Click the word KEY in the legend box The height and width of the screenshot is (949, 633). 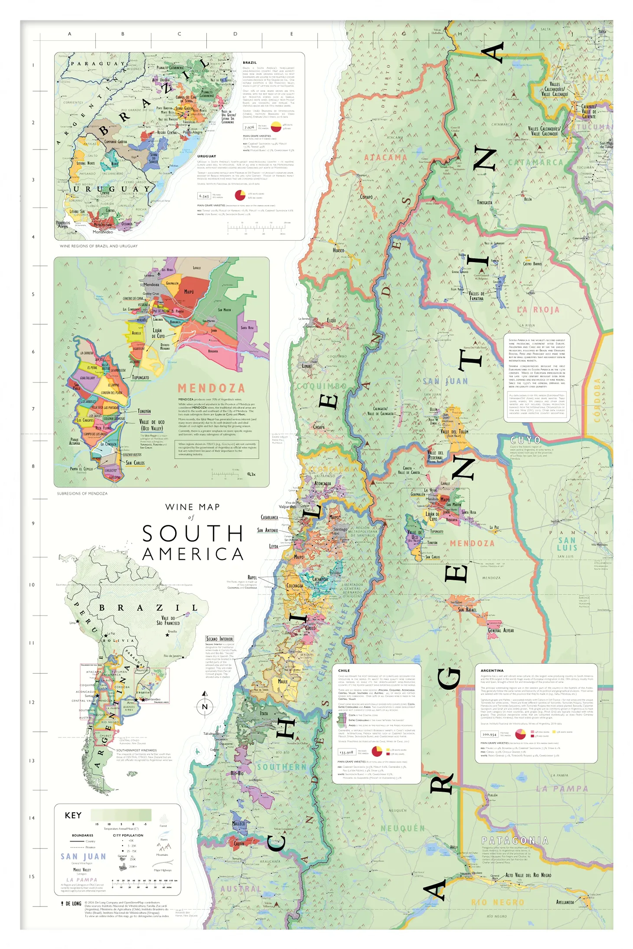[x=73, y=815]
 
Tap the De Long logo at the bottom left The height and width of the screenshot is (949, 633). [x=71, y=903]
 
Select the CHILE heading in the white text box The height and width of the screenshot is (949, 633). [x=344, y=670]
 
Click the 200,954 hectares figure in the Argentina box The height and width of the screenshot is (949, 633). [x=489, y=734]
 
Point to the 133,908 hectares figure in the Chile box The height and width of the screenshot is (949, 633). [x=346, y=752]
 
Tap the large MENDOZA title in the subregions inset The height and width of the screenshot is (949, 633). [x=211, y=388]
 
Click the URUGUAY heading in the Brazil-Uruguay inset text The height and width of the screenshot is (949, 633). [x=206, y=156]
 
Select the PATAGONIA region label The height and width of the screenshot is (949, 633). [x=515, y=841]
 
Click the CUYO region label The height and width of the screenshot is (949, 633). [x=525, y=440]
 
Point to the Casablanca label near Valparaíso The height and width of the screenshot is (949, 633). [x=269, y=517]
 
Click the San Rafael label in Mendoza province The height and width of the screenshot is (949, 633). [x=467, y=610]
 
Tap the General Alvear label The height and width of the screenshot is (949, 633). [x=501, y=630]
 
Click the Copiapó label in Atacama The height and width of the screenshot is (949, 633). [x=366, y=197]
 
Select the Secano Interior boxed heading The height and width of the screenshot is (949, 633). [x=219, y=639]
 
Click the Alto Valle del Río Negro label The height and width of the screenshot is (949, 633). [x=528, y=875]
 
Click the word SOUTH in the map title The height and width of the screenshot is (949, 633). [x=193, y=534]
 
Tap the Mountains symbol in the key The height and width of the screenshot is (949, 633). [x=163, y=847]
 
